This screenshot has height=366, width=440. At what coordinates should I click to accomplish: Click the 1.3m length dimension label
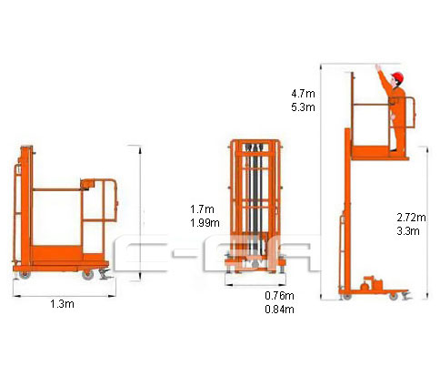[x=62, y=304]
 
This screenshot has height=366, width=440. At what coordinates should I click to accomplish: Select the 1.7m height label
[x=202, y=209]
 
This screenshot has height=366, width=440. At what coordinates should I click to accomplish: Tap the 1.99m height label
[x=205, y=223]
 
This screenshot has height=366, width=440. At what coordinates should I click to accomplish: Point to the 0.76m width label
[x=279, y=295]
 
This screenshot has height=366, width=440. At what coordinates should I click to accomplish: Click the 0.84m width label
[x=279, y=310]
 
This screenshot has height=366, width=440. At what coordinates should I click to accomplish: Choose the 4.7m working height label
[x=303, y=94]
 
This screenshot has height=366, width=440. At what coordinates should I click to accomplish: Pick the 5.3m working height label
[x=303, y=107]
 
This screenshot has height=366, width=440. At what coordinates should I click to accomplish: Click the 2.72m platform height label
[x=411, y=218]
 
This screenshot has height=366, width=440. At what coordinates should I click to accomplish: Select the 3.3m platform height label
[x=408, y=231]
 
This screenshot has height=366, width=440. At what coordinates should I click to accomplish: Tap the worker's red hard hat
[x=398, y=77]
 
